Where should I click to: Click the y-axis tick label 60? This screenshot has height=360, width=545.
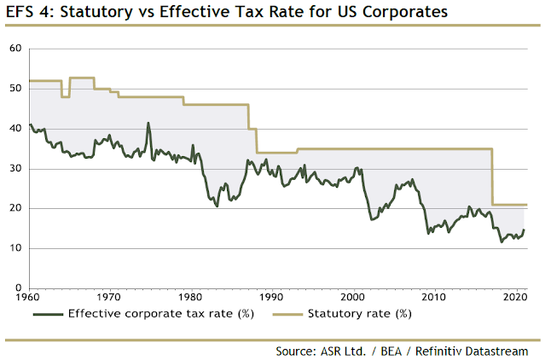[x=14, y=49]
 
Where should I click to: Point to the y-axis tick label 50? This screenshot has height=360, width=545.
[x=14, y=89]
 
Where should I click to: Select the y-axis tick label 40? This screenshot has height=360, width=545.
[x=14, y=129]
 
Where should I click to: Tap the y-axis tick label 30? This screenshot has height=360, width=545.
[x=14, y=169]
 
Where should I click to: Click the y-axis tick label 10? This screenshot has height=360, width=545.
[x=14, y=248]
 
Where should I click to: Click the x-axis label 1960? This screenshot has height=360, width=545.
[x=29, y=297]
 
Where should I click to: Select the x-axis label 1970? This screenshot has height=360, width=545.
[x=108, y=297]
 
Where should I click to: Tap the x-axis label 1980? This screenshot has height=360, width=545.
[x=190, y=297]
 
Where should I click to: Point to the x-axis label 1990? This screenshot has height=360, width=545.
[x=271, y=297]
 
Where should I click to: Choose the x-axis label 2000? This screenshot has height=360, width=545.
[x=352, y=297]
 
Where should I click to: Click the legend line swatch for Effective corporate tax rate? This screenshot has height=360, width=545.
[x=49, y=314]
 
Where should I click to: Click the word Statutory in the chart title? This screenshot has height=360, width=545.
[x=95, y=13]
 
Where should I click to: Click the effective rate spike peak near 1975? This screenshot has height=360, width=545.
[x=148, y=123]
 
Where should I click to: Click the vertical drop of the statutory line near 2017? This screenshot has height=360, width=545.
[x=492, y=177]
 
